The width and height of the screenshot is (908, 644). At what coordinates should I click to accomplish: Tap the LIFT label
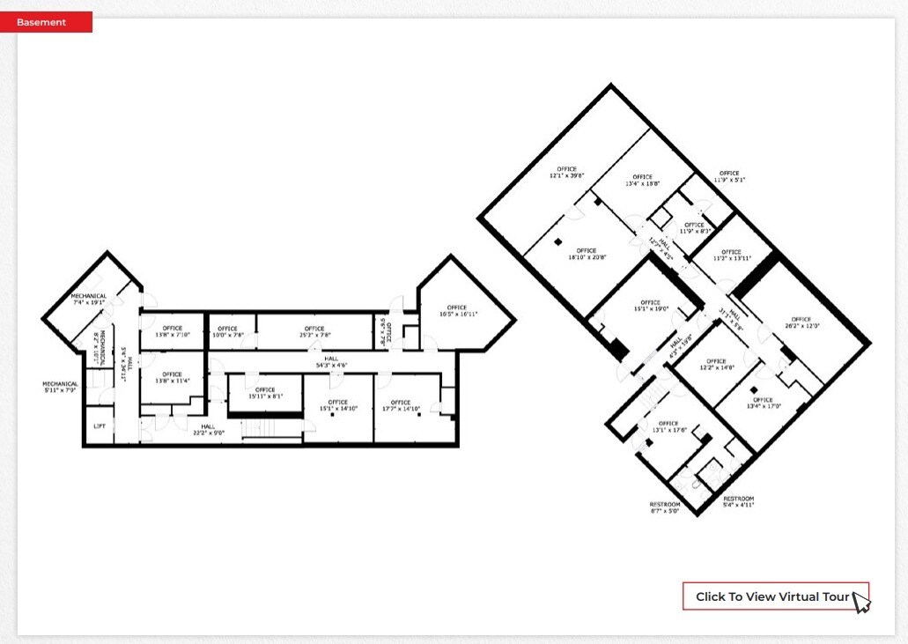click(x=100, y=426)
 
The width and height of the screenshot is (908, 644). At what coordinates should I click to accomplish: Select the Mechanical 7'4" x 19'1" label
click(x=88, y=299)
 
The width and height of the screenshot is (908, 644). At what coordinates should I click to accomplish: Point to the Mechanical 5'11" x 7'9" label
click(x=60, y=387)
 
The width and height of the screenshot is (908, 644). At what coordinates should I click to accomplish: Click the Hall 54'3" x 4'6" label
click(x=329, y=361)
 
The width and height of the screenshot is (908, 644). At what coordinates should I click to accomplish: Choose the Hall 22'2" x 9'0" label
click(x=202, y=429)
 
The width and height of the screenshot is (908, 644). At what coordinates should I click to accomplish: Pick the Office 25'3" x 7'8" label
click(x=314, y=331)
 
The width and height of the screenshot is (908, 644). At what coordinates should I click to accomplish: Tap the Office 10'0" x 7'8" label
click(x=228, y=331)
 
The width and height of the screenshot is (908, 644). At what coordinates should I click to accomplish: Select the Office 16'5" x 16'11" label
click(x=456, y=310)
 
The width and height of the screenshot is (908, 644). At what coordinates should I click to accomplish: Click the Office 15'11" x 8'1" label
click(x=265, y=392)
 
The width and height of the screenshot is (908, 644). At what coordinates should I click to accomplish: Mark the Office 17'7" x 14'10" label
click(x=401, y=405)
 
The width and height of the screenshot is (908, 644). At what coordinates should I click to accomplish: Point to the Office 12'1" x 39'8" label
click(x=566, y=172)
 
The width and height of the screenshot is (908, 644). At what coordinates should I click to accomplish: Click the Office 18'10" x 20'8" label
click(x=587, y=254)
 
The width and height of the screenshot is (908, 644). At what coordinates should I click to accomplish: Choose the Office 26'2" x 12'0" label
click(x=801, y=322)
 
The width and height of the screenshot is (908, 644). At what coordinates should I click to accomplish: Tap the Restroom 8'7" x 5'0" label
click(x=665, y=507)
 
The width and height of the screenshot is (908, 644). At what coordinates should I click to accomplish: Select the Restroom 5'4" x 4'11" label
click(x=738, y=501)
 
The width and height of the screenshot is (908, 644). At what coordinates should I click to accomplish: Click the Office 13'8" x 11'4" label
click(x=172, y=377)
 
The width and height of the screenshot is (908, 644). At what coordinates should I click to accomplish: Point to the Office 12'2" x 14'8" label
click(x=716, y=364)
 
